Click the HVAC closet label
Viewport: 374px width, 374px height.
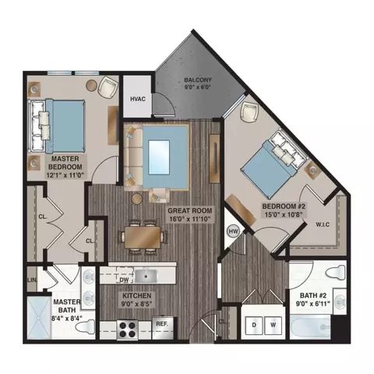(x=138, y=99)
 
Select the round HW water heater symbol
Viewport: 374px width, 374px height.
(x=232, y=231)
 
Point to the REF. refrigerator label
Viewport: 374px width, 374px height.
(x=162, y=323)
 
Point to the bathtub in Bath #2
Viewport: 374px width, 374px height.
(x=319, y=326)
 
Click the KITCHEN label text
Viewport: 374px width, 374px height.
(x=136, y=297)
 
